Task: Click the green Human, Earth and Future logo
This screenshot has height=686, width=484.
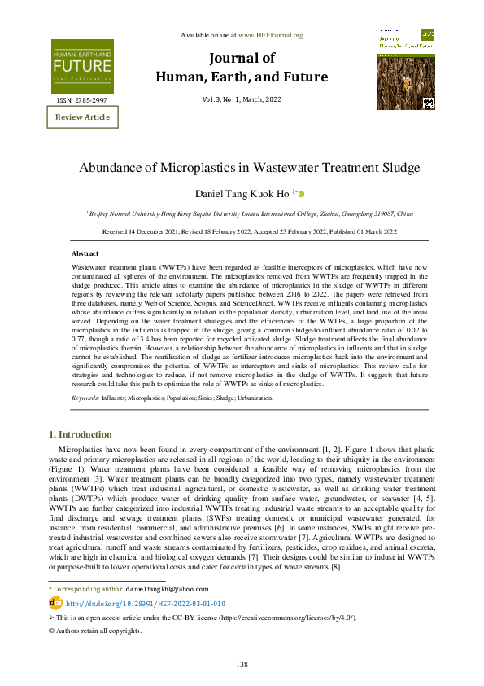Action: click(x=82, y=65)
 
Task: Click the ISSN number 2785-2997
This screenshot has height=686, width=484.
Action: click(x=82, y=99)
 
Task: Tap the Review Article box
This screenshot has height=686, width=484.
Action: click(x=81, y=117)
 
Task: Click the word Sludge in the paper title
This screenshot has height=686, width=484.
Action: click(x=396, y=168)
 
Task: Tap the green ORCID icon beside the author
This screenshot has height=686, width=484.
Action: click(x=301, y=194)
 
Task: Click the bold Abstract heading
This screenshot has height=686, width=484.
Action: click(x=85, y=253)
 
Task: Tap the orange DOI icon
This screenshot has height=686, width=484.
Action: click(x=55, y=604)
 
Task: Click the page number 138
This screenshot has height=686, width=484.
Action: click(x=242, y=665)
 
